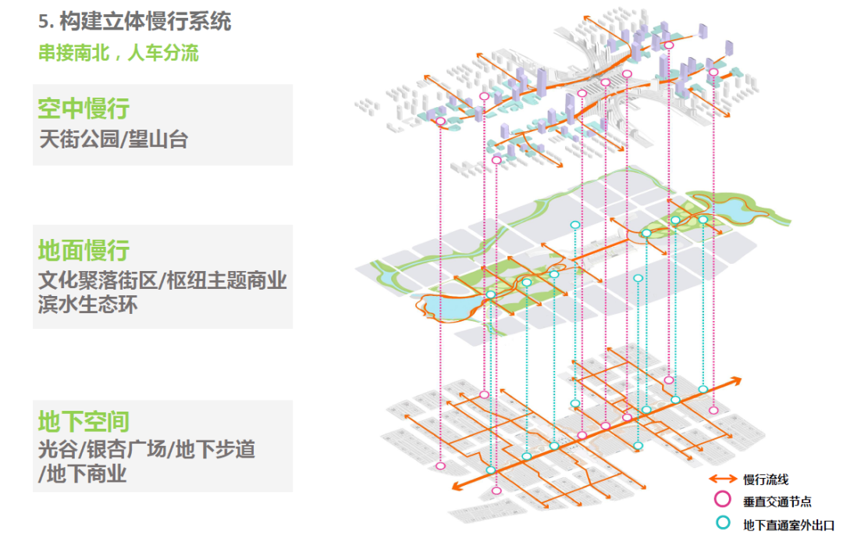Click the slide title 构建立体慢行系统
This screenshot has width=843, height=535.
click(x=145, y=22)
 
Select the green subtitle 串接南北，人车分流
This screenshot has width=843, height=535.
click(x=119, y=52)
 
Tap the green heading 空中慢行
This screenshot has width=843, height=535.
click(x=84, y=109)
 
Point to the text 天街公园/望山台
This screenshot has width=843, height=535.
click(x=113, y=139)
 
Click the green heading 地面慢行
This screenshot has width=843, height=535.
click(x=84, y=251)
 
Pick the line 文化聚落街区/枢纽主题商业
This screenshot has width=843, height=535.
click(x=162, y=280)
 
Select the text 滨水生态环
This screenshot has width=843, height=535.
click(x=88, y=305)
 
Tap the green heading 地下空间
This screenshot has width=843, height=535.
click(x=84, y=422)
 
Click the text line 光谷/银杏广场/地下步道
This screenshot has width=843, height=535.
click(x=147, y=449)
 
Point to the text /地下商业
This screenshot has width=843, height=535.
click(x=82, y=474)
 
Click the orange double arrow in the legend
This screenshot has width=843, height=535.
click(x=723, y=479)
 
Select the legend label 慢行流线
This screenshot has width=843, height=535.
click(x=767, y=480)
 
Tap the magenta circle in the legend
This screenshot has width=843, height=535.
click(x=723, y=500)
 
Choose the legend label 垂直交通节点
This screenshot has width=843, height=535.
click(x=777, y=501)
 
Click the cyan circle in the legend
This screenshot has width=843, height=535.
click(x=723, y=522)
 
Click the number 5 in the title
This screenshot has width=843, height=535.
click(x=43, y=22)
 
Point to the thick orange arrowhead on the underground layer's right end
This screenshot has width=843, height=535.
click(x=735, y=382)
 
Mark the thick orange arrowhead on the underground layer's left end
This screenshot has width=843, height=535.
click(x=457, y=486)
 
